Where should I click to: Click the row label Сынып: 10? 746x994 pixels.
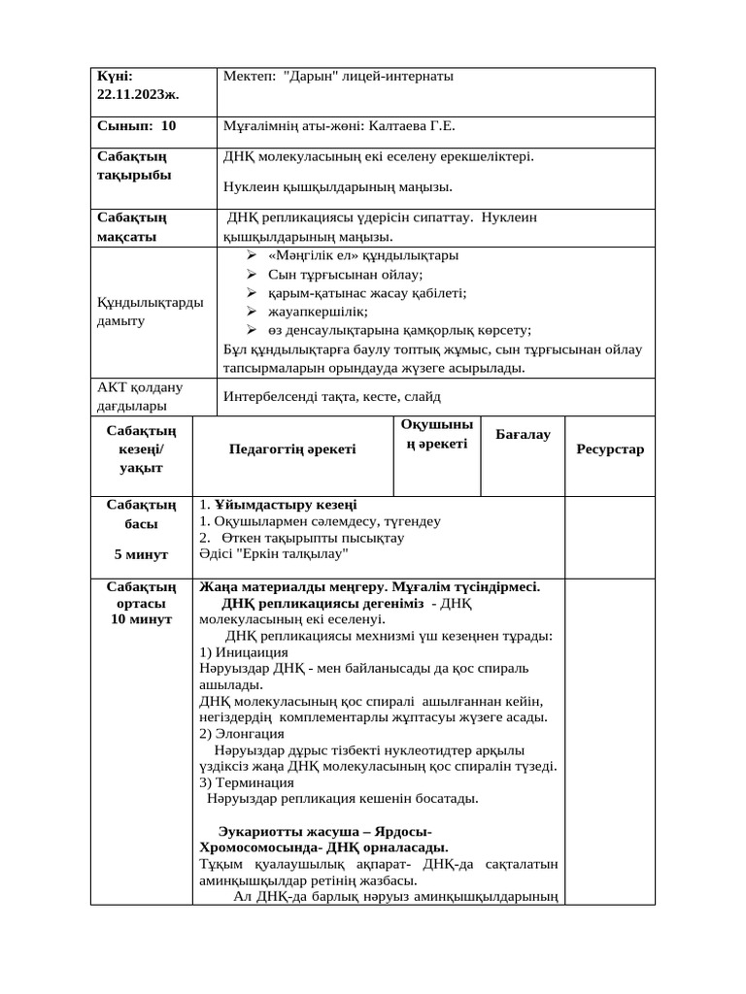137,125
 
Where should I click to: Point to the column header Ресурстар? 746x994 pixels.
610,449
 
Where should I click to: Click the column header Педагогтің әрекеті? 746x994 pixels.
292,448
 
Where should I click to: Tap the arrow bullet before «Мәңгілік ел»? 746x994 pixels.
251,255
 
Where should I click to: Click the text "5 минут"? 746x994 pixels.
141,554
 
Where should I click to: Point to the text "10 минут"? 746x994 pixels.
141,618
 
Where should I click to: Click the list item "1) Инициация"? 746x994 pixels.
243,652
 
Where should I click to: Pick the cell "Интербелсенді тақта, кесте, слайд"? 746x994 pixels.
332,396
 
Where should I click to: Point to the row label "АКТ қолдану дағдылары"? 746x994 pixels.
140,396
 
